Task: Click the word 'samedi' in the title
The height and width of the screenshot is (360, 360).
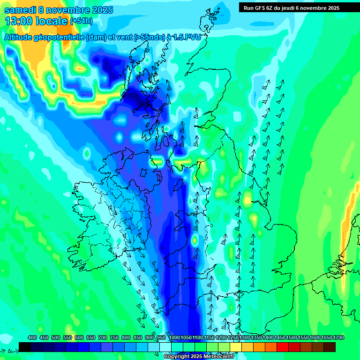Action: (20, 10)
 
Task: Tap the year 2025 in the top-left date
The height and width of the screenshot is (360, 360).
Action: (99, 10)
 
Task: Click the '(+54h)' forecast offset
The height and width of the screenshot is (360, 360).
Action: (81, 21)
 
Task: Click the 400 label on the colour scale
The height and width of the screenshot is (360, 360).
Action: (32, 337)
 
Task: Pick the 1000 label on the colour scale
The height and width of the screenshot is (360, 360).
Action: (174, 337)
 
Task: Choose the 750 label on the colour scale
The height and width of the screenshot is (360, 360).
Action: (114, 337)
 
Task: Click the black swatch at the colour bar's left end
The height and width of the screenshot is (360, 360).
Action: (25, 347)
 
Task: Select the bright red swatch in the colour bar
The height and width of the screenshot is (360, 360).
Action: (282, 347)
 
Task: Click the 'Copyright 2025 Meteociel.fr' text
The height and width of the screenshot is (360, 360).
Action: (199, 357)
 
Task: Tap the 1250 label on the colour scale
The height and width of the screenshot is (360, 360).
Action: (233, 337)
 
